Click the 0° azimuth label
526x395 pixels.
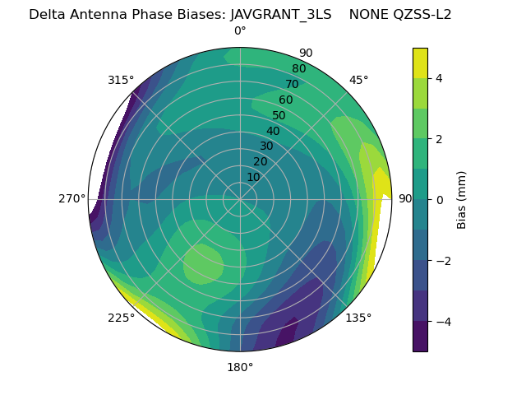click(240, 31)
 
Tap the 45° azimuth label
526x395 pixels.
click(359, 80)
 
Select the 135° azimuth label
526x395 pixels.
click(358, 318)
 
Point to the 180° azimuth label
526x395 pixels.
click(240, 367)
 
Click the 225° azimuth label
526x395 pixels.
click(121, 318)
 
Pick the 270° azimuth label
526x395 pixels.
click(72, 198)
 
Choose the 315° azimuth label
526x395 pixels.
click(121, 80)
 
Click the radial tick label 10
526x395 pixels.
click(253, 177)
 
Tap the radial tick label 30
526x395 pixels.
click(266, 146)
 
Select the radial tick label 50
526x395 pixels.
click(279, 116)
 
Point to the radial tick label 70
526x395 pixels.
click(292, 84)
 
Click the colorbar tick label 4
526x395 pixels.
click(440, 78)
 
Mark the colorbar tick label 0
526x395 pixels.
click(440, 199)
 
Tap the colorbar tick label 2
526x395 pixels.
click(440, 139)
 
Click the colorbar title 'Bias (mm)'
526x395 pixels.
click(462, 199)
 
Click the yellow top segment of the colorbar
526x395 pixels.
click(420, 63)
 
